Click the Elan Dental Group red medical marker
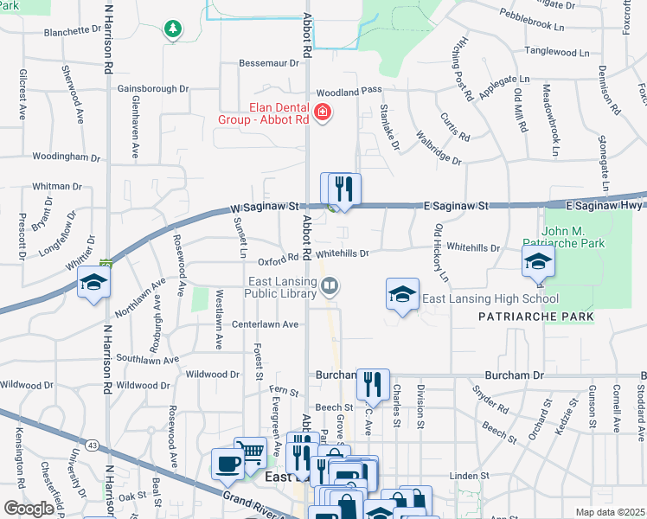(x=323, y=113)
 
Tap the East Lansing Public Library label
(x=278, y=285)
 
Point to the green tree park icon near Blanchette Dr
(x=174, y=29)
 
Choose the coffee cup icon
(x=228, y=464)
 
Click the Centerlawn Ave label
(x=265, y=324)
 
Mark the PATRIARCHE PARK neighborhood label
(x=536, y=317)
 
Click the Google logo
(x=29, y=508)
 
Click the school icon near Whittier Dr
(x=93, y=282)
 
